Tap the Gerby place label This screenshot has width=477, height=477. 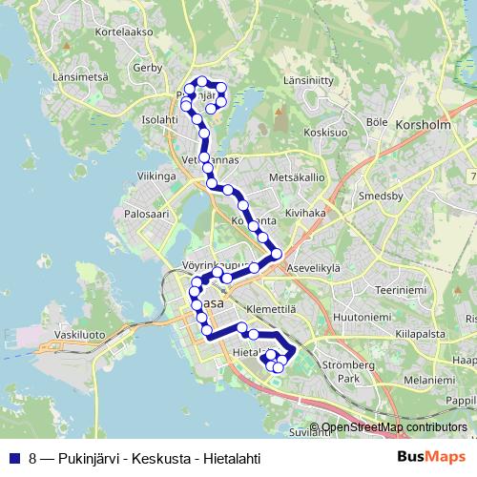(x=149, y=68)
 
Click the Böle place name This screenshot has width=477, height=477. (x=376, y=122)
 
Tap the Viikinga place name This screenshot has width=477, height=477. (x=157, y=176)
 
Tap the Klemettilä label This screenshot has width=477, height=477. (x=271, y=309)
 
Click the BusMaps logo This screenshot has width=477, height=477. (x=430, y=456)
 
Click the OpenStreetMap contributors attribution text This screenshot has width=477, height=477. (x=388, y=426)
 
